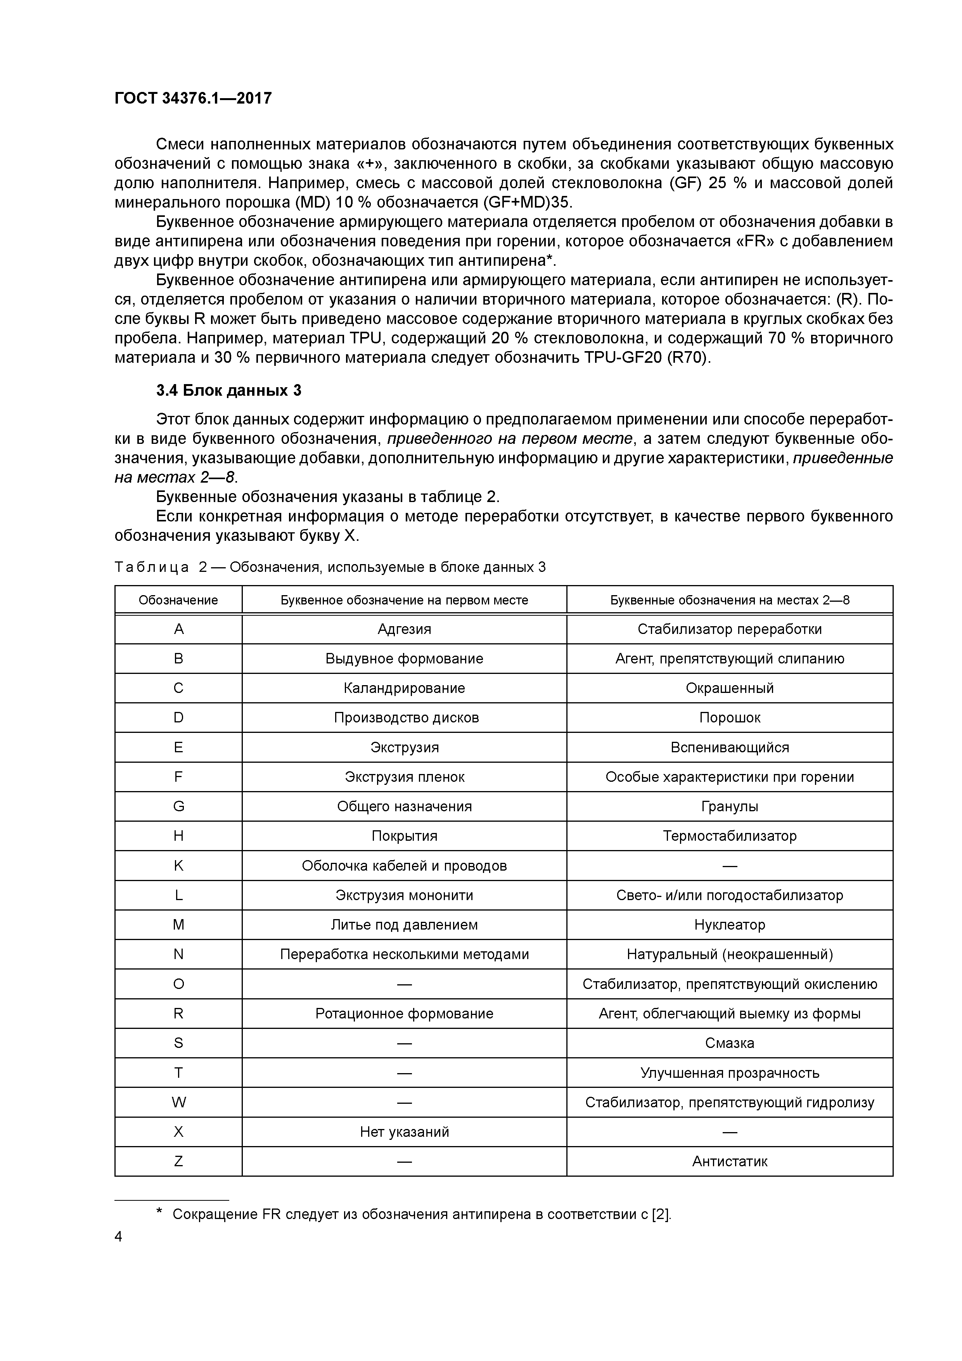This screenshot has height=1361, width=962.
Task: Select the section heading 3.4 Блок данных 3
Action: (229, 390)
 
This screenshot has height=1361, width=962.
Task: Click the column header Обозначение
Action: (178, 600)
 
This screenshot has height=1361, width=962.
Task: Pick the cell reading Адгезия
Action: (404, 629)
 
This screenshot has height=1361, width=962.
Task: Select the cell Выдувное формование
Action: (404, 658)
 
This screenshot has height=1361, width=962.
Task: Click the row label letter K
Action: (178, 866)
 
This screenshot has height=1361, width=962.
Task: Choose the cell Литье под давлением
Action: (404, 925)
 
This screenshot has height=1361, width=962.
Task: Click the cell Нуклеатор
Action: (730, 925)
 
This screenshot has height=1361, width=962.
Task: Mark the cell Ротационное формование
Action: (404, 1014)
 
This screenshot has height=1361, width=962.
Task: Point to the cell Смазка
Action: (730, 1043)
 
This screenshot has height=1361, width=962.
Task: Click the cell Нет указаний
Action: (404, 1132)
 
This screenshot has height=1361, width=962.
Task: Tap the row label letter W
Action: (178, 1103)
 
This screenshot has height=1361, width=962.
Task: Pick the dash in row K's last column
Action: (730, 866)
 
